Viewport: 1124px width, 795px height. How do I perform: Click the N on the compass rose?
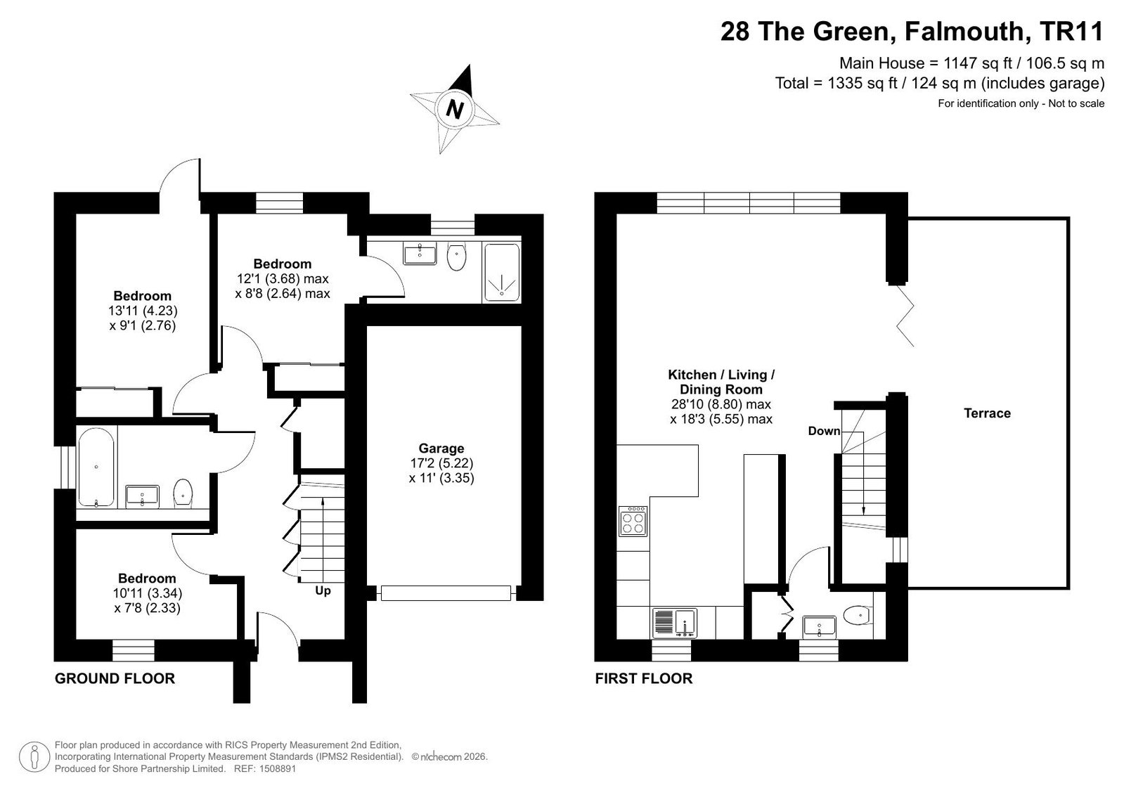(x=455, y=109)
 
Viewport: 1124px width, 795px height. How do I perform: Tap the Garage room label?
(x=441, y=448)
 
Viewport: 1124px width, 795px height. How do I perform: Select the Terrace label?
(x=987, y=413)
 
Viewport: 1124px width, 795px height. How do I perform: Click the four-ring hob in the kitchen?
(x=633, y=522)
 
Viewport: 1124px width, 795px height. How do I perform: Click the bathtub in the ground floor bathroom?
(x=96, y=467)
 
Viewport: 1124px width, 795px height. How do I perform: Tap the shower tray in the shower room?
(x=501, y=273)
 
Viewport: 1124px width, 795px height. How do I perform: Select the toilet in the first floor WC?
(x=858, y=614)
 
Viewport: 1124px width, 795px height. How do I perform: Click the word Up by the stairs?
(x=323, y=590)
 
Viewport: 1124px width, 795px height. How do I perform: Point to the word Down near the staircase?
(x=824, y=431)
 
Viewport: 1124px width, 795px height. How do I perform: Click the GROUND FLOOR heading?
(x=115, y=678)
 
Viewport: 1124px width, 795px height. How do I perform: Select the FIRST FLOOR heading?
(x=644, y=678)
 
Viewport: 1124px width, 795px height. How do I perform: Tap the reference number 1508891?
(x=278, y=768)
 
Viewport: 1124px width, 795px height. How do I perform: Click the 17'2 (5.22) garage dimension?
(x=441, y=463)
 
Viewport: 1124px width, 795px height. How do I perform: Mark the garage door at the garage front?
(x=446, y=593)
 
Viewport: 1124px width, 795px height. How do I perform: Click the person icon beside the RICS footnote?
(x=34, y=756)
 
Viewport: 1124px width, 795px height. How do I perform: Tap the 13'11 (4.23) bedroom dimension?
(x=143, y=311)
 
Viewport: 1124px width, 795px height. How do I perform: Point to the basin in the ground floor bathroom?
(x=142, y=496)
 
